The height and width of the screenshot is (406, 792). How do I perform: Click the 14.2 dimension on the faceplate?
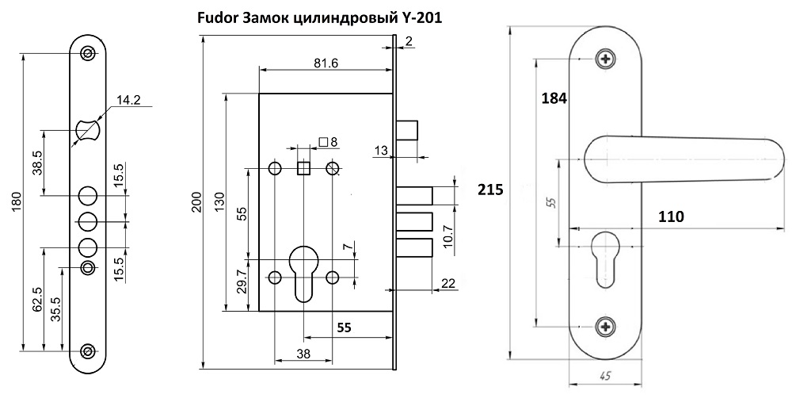coord(128,100)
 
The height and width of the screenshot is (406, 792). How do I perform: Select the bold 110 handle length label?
coord(670,215)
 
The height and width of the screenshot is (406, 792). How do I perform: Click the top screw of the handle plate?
coord(607,59)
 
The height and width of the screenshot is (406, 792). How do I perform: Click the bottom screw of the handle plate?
coord(607,326)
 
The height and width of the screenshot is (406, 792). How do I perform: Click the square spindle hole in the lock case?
coord(303,168)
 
